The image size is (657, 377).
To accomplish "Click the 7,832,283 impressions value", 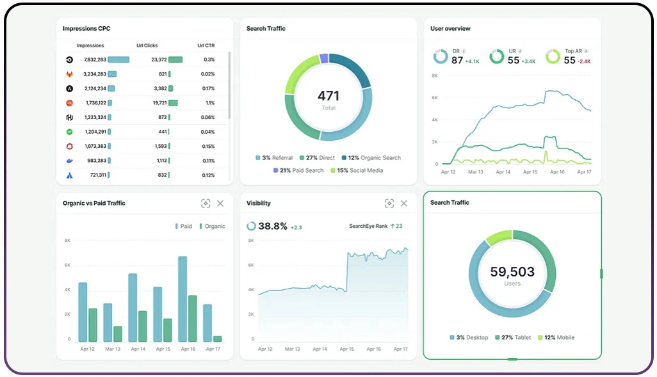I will coord(95,60).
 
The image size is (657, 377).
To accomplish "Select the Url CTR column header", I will coord(206,45).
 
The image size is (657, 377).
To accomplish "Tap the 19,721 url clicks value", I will coord(159,102).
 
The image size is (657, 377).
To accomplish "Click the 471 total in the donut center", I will coord(328,96).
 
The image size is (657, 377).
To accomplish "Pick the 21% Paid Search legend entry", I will coord(298,170).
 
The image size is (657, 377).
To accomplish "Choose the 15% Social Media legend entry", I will coord(355,170).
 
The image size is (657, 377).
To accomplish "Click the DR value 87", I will coord(457,60).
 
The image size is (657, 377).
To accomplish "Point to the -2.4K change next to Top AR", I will coord(584,61).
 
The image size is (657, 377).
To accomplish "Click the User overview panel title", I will coord(450,29).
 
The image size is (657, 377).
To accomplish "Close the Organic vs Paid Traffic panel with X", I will coord(220,204).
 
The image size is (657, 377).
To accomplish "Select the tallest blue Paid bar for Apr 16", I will coord(182,299).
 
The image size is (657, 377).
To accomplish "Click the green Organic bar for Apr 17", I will coord(218,339).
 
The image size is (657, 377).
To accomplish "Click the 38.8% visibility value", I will coord(273,226).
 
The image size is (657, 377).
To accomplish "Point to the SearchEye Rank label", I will coord(368,226).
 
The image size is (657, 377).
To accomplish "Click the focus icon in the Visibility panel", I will coord(389,204).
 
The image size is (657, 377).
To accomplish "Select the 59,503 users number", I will coord(512,271).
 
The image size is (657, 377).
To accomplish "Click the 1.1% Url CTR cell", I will coord(210,102).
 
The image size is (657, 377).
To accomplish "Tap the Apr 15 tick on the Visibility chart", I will coord(346,349).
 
